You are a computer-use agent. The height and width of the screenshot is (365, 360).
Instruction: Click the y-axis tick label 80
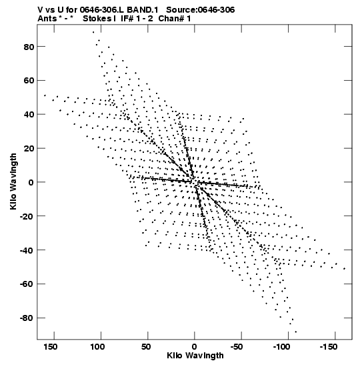[x=29, y=47]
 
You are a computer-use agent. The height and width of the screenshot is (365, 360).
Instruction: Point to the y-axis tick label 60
[x=29, y=81]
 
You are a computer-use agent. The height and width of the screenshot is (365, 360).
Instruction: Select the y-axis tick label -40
[x=27, y=250]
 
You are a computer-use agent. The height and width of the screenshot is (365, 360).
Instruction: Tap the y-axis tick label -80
[x=27, y=318]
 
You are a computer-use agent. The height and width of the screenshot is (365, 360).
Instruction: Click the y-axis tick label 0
[x=31, y=183]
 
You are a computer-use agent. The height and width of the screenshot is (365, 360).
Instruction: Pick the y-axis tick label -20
[x=27, y=216]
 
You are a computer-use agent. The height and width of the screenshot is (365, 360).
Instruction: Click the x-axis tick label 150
[x=50, y=347]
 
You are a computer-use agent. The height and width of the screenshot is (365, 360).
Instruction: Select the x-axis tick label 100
[x=97, y=347]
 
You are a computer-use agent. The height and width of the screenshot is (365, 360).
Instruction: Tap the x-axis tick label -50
[x=237, y=347]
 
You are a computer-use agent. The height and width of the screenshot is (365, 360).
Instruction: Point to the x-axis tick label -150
[x=329, y=347]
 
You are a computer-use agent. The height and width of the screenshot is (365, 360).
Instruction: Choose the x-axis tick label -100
[x=281, y=347]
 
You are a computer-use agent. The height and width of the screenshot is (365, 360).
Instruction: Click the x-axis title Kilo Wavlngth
[x=195, y=356]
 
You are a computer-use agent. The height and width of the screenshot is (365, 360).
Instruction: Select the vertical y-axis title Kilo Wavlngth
[x=13, y=181]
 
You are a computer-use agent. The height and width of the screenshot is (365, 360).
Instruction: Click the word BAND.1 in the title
[x=142, y=10]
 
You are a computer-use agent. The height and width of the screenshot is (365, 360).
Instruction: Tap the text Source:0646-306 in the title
[x=201, y=10]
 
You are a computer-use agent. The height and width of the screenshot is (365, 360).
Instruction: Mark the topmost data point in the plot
[x=93, y=32]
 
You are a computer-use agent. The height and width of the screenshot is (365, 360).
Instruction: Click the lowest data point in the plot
[x=295, y=332]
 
